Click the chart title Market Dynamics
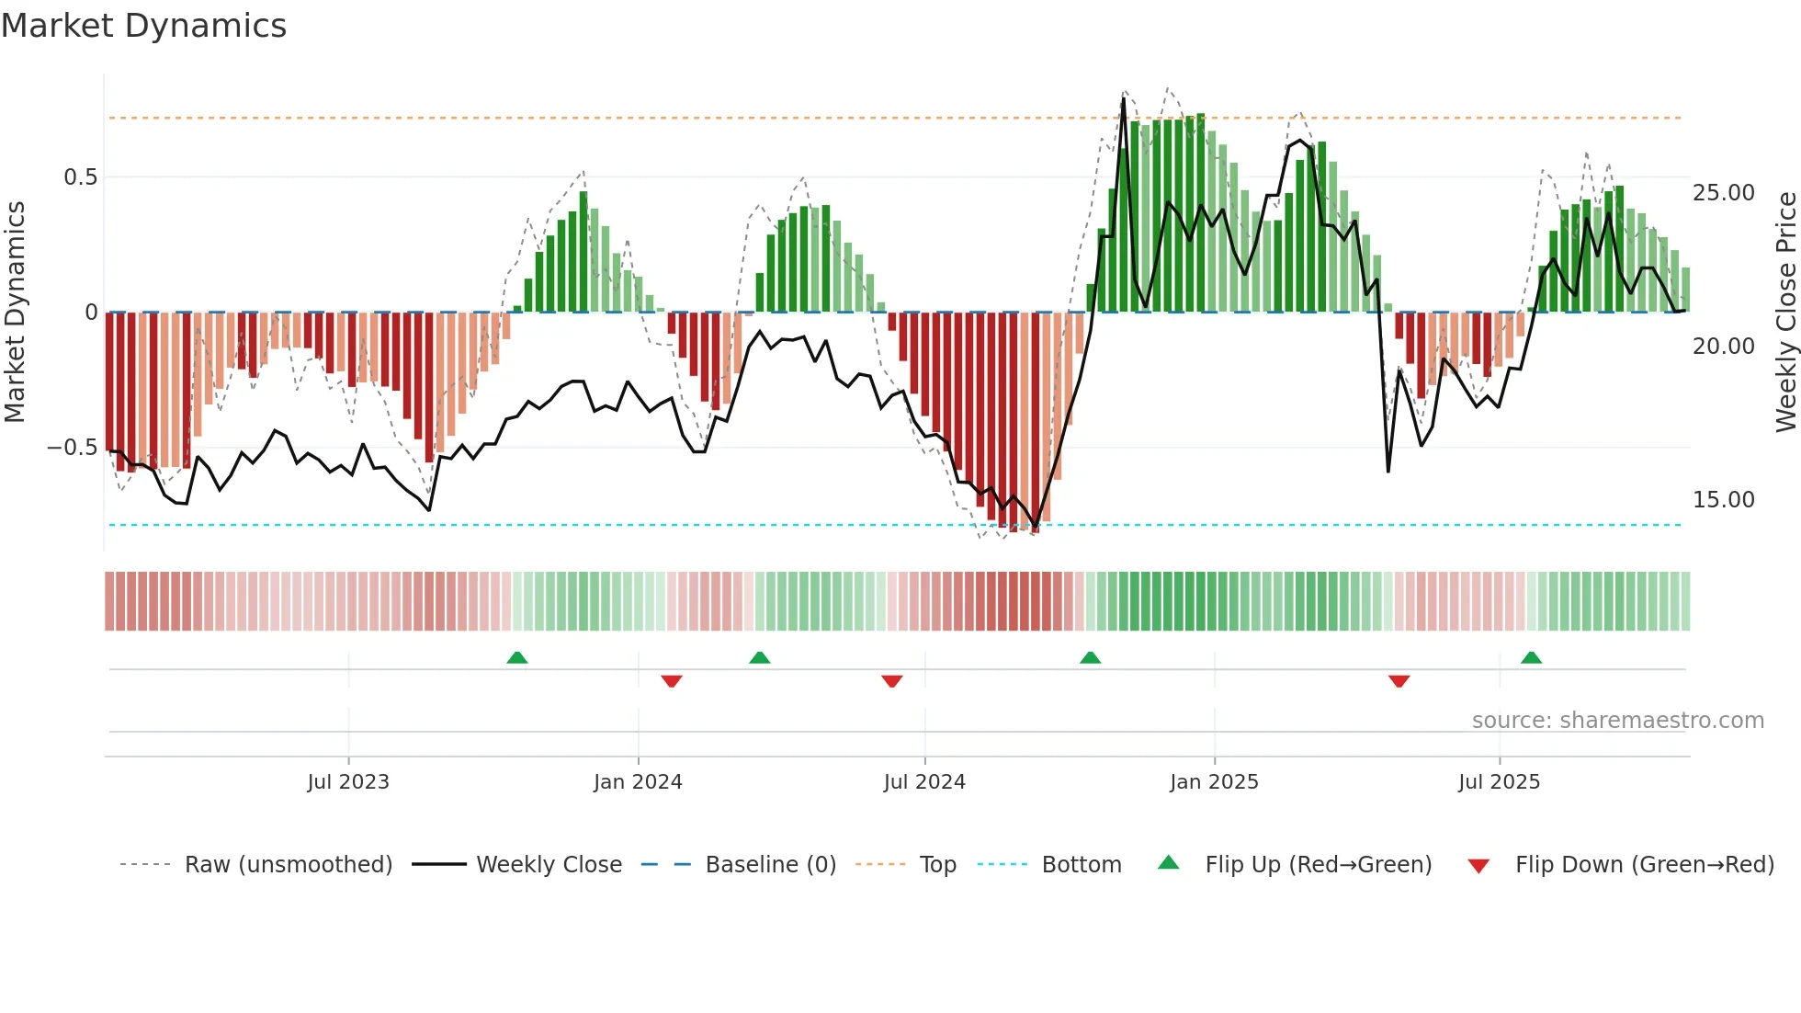tap(143, 26)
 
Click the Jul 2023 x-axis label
tap(348, 782)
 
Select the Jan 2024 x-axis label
tap(638, 782)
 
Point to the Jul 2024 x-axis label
tap(924, 782)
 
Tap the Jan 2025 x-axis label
tap(1214, 782)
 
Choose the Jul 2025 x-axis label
tap(1499, 782)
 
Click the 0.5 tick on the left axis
tap(80, 177)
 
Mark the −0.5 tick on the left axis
tap(73, 448)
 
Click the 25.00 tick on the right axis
tap(1724, 193)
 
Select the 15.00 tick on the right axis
tap(1724, 500)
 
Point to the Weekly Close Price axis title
tap(1785, 313)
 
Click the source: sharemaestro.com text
tap(1617, 721)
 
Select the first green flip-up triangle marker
tap(517, 657)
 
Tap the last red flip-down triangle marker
tap(1399, 681)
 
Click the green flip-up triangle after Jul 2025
tap(1531, 657)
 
